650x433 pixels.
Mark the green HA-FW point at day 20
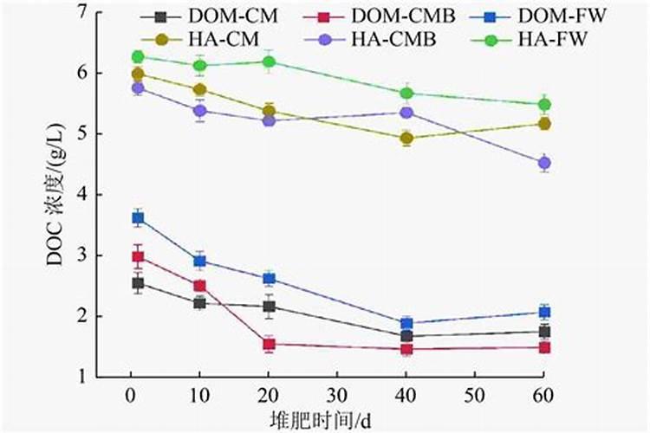[x=269, y=61]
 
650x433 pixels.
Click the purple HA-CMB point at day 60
[x=544, y=163]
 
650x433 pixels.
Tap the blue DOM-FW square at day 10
[x=200, y=261]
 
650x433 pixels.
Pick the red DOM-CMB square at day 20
[x=269, y=344]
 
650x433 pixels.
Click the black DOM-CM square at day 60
[x=544, y=332]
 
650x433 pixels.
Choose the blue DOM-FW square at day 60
[x=544, y=312]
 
